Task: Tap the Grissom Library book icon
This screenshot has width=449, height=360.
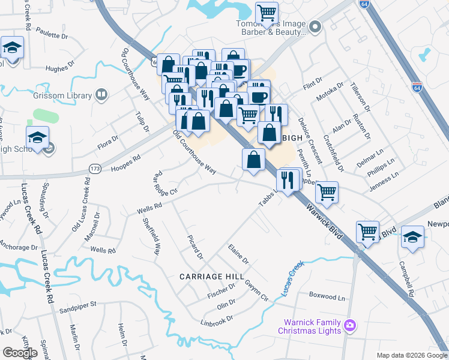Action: pyautogui.click(x=101, y=95)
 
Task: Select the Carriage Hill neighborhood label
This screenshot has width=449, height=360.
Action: pyautogui.click(x=212, y=276)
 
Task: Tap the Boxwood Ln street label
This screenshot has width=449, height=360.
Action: pyautogui.click(x=328, y=296)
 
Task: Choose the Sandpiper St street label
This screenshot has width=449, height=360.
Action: pyautogui.click(x=79, y=305)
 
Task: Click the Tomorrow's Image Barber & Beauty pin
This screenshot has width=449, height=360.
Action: pyautogui.click(x=316, y=26)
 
